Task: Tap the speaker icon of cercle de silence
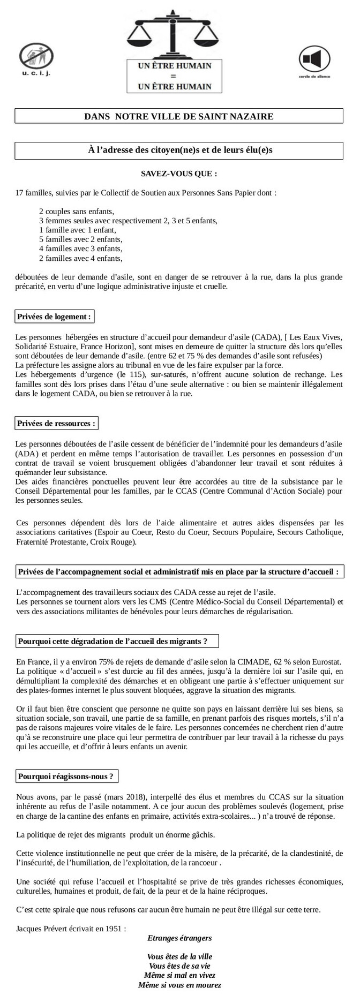[x=313, y=59]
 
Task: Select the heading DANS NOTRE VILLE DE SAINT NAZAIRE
[x=179, y=116]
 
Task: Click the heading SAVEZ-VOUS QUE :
[x=179, y=174]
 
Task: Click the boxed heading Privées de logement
[x=54, y=316]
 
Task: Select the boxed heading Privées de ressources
[x=56, y=423]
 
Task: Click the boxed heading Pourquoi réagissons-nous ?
[x=66, y=775]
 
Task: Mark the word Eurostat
[x=325, y=662]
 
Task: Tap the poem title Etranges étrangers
[x=179, y=938]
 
